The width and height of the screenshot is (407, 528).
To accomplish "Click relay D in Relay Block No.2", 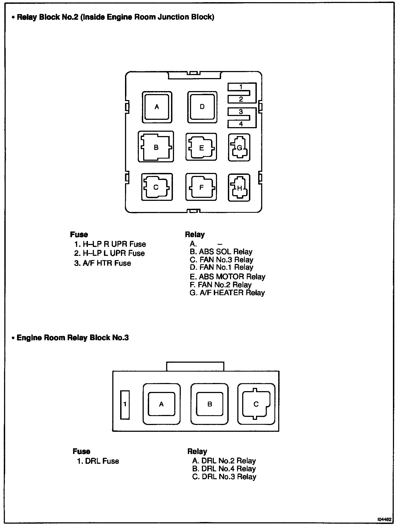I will [202, 107].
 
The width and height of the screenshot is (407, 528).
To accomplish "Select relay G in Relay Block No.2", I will [239, 148].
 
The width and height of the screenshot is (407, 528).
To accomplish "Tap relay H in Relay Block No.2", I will [239, 188].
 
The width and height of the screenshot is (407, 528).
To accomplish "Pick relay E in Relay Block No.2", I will [201, 147].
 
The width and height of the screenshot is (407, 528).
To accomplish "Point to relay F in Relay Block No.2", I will [201, 187].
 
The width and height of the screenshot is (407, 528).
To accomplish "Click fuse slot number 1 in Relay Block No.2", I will [241, 87].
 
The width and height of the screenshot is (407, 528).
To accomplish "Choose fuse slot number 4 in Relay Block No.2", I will [241, 124].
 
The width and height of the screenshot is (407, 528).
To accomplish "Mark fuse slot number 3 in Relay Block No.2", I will [241, 112].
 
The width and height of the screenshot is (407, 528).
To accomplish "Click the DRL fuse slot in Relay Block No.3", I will [125, 405].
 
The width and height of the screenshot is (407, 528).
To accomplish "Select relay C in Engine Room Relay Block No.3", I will [256, 404].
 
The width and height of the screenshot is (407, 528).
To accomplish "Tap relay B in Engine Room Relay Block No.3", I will [209, 404].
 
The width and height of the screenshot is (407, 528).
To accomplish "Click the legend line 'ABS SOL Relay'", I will [221, 252].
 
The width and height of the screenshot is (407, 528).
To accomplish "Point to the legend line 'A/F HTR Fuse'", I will [103, 263].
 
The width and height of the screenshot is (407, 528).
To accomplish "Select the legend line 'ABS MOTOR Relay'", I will [227, 277].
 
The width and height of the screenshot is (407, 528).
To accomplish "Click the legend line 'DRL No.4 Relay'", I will [224, 469].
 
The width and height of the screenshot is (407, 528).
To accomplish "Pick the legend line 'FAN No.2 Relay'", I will [221, 285].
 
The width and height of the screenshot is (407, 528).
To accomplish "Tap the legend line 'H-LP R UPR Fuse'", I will [110, 244].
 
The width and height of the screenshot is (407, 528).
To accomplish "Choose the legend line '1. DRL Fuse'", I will [98, 461].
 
